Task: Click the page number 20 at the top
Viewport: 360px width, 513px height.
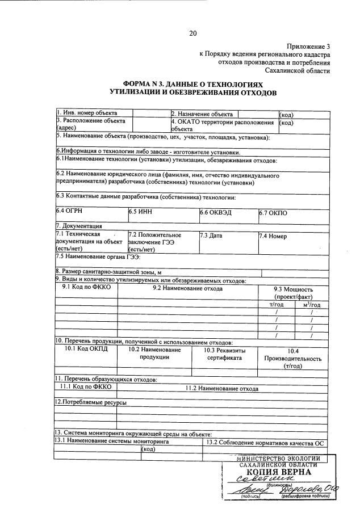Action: coord(192,33)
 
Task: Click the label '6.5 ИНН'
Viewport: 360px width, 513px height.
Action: coord(140,212)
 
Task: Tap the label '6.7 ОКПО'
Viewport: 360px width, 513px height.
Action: coord(274,212)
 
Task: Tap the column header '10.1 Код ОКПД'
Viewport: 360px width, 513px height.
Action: coord(86,350)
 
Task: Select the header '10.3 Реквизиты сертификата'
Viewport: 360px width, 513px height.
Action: coord(224,354)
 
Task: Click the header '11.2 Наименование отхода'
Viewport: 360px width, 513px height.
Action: coord(223,388)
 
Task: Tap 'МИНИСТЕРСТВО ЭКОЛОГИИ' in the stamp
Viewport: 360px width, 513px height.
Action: coord(278,458)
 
